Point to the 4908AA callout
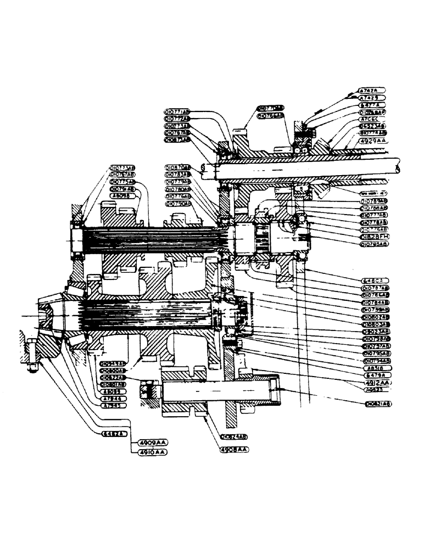click(235, 449)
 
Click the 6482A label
click(115, 433)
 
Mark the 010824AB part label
click(234, 436)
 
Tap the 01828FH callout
click(374, 236)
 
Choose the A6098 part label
click(122, 195)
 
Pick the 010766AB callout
click(271, 116)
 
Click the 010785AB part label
click(374, 243)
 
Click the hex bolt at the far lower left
click(32, 357)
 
